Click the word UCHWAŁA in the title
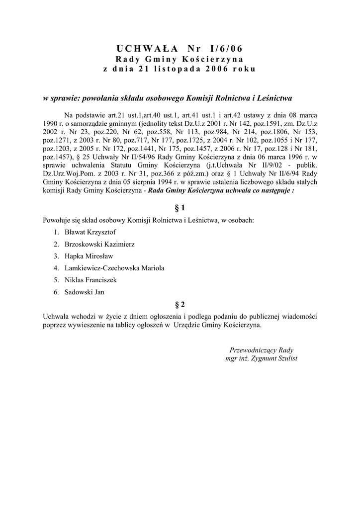[x=146, y=48]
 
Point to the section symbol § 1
[x=180, y=206]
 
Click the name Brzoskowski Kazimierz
[x=99, y=244]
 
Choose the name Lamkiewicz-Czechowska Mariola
[x=114, y=268]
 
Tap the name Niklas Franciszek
[x=90, y=280]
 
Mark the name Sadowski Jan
[x=84, y=292]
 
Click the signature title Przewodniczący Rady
[x=262, y=349]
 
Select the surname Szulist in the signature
[x=285, y=358]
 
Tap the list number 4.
[x=57, y=268]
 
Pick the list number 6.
[x=57, y=292]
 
